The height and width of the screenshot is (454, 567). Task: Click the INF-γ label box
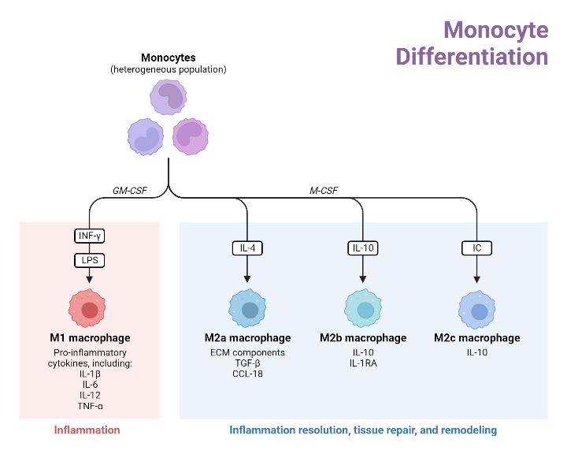pos(89,235)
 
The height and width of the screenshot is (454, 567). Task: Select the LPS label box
pos(89,259)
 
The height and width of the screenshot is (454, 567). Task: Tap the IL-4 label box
pos(247,247)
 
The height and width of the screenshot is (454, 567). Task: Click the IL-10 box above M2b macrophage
pos(363,247)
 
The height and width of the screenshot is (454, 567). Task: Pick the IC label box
pos(476,247)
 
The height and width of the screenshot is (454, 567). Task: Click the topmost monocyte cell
pos(169,98)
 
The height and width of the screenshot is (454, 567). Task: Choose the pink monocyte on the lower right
pos(191,136)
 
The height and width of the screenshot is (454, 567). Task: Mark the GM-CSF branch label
pos(131,189)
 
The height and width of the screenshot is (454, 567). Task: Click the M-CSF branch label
pos(324,189)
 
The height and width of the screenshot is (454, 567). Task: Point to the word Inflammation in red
pos(87,430)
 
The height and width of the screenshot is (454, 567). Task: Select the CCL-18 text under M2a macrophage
pos(247,374)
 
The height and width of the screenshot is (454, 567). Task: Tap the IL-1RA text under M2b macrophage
pos(363,363)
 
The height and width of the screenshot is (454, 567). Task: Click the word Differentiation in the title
pos(472,58)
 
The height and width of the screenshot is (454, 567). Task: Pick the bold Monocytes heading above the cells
pos(168,58)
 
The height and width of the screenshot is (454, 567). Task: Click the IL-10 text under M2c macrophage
pos(476,352)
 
